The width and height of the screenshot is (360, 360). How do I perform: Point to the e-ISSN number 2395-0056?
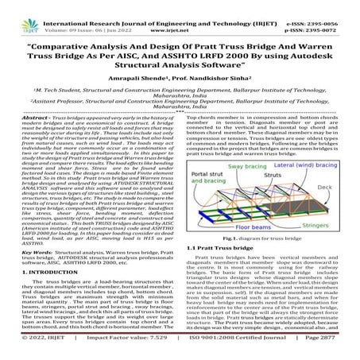tap(327, 6)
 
